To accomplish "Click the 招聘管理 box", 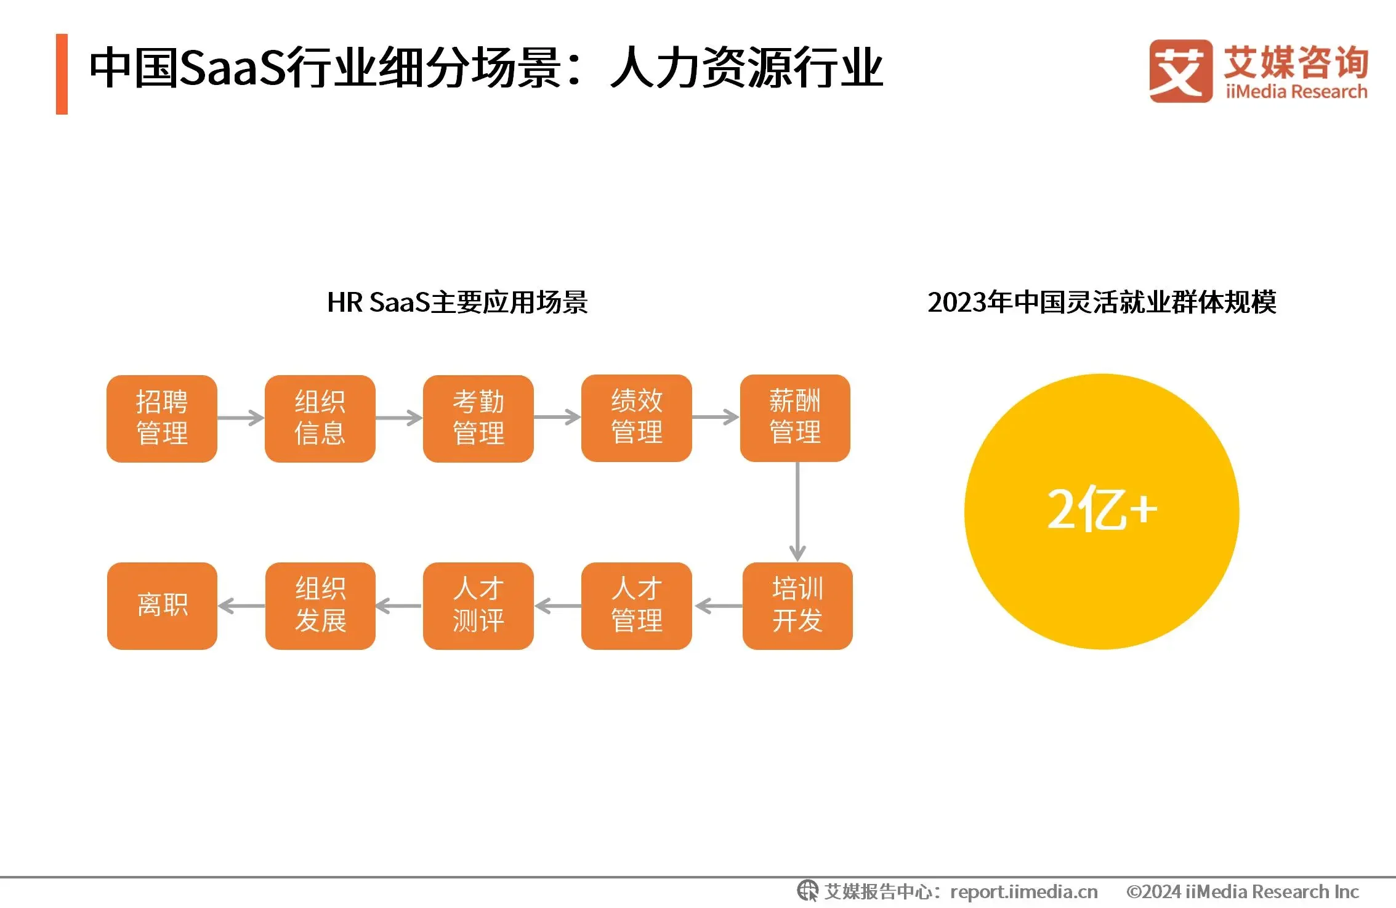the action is [x=162, y=418].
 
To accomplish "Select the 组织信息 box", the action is [x=320, y=418].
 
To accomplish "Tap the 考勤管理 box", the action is [x=478, y=418].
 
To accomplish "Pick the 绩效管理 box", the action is [x=637, y=418].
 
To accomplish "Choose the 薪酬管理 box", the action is [x=795, y=418].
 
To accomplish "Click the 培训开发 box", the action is [x=797, y=606].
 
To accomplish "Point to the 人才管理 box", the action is [x=637, y=606].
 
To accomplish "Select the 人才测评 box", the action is [x=478, y=606].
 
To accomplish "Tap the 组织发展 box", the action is [x=320, y=606].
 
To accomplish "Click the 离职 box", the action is [x=162, y=606].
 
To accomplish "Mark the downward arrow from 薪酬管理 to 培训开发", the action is [x=797, y=512].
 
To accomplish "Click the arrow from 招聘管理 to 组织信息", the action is [x=241, y=418].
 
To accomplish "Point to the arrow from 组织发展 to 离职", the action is [x=241, y=606].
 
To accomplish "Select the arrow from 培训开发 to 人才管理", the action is [x=718, y=606].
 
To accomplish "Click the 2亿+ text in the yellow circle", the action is [x=1102, y=509].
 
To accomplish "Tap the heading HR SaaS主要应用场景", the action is [x=457, y=302].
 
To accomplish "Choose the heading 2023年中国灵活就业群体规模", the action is [x=1102, y=302].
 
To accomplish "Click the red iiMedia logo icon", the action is [x=1180, y=71].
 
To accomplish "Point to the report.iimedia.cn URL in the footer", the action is [x=1023, y=892].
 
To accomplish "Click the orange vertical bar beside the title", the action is [x=62, y=74].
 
